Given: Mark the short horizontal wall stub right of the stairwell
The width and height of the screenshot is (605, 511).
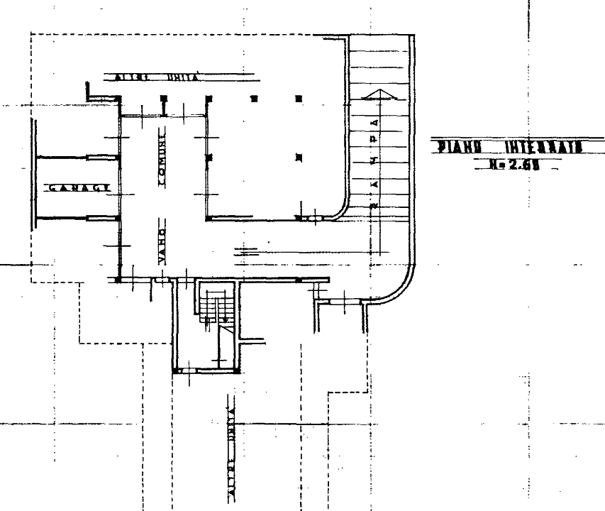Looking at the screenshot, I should click(x=250, y=341).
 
